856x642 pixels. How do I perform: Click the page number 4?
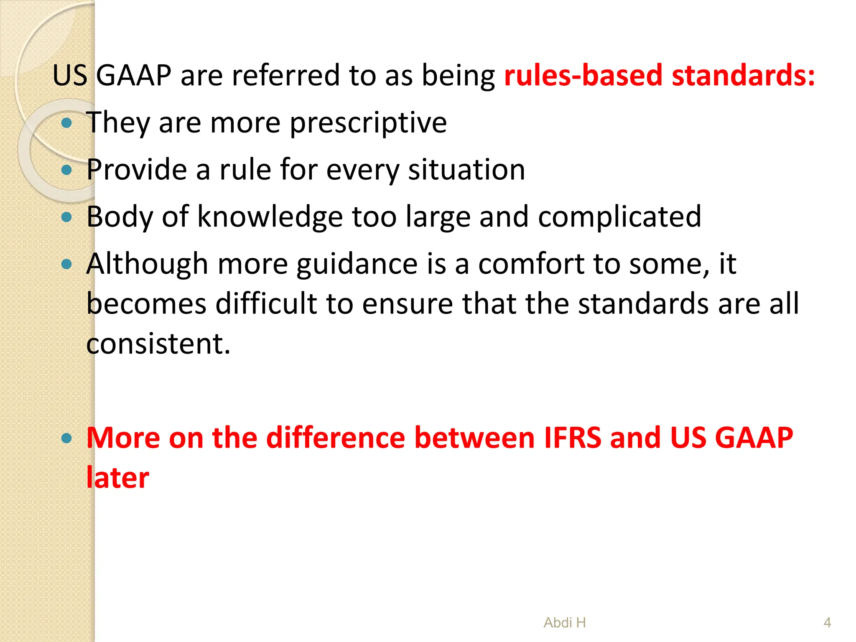[x=827, y=623]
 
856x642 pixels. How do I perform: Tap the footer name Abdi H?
[x=565, y=623]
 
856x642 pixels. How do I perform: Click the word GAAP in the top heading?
[x=134, y=76]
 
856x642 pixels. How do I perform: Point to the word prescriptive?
[x=368, y=123]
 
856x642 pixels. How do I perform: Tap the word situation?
[x=466, y=170]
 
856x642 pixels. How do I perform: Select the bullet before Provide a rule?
[x=66, y=170]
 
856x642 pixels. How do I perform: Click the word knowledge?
[x=270, y=217]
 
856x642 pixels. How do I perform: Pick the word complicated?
[x=619, y=217]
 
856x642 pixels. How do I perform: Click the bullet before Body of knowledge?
[x=66, y=217]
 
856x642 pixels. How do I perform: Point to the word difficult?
[x=266, y=303]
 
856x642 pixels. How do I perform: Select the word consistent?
[x=158, y=344]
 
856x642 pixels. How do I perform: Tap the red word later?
[x=117, y=478]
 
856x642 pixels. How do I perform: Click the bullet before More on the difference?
[x=66, y=438]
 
